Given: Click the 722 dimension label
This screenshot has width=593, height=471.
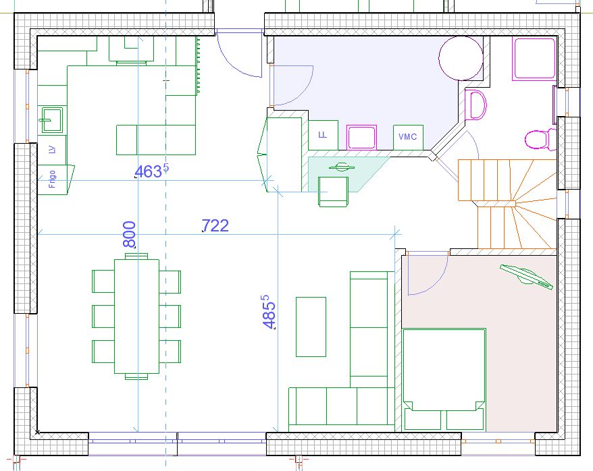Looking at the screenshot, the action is [x=215, y=225].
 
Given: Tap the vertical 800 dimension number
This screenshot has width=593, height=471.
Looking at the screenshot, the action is [x=130, y=234].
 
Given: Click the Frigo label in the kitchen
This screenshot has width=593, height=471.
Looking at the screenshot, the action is [x=52, y=179].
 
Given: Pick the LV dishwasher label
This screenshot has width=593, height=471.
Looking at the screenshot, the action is [x=52, y=150].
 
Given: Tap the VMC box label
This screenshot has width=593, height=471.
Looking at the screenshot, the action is [x=408, y=137].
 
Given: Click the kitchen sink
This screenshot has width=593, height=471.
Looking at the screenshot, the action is [x=52, y=119].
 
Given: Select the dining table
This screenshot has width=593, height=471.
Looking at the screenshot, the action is [x=136, y=316].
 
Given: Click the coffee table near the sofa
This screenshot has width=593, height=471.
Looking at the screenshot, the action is [x=311, y=327].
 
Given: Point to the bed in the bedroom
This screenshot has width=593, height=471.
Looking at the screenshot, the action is [x=444, y=379].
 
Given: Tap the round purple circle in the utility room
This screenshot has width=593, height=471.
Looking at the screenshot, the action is [x=461, y=58].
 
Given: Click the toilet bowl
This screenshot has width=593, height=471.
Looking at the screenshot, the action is [x=538, y=140].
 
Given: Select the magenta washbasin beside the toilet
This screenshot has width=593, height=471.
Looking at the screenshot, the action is [x=475, y=105].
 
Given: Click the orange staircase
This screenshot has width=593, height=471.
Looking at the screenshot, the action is [x=507, y=204].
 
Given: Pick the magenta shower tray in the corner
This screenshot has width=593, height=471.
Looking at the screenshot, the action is [x=534, y=58].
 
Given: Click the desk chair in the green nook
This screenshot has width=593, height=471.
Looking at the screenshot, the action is [x=333, y=192].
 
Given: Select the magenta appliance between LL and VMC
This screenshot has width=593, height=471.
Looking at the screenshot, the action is [x=361, y=137].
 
